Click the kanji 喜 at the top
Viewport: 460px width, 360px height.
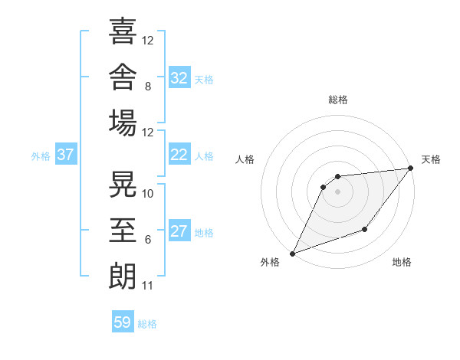point(123,31)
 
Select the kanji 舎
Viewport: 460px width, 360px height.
point(123,77)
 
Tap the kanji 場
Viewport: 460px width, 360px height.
point(123,123)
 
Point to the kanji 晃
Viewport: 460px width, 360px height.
point(123,184)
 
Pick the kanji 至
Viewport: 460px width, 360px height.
point(123,230)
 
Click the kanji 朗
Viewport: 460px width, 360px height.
point(123,277)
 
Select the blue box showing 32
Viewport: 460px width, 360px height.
point(179,77)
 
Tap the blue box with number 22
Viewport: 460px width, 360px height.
point(179,154)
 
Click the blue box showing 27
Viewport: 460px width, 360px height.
point(179,230)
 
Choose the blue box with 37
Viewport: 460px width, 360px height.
point(66,154)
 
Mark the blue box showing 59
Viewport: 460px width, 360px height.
point(123,321)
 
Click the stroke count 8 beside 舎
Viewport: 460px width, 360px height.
point(148,87)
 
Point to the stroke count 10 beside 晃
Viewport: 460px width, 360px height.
point(147,194)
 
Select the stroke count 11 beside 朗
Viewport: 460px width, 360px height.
point(147,286)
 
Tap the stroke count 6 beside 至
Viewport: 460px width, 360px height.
point(148,240)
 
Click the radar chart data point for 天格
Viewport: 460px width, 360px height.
point(411,168)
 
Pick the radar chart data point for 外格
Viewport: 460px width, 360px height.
point(292,254)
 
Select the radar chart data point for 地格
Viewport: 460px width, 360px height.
point(365,229)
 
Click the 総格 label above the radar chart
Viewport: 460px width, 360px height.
point(338,100)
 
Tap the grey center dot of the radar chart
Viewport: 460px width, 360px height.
point(337,191)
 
